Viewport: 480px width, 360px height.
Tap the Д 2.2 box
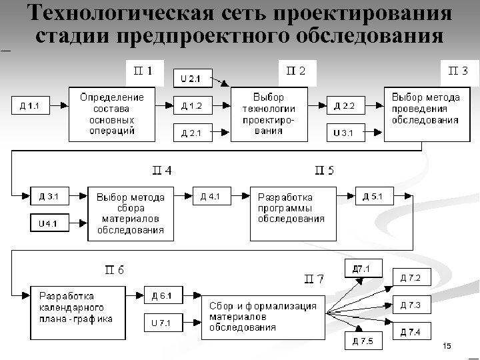(345, 105)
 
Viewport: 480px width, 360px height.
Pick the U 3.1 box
(345, 133)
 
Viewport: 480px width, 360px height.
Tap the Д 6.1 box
(161, 296)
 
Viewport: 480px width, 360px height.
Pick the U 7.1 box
(161, 323)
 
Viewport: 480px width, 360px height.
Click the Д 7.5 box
(363, 342)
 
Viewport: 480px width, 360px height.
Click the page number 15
(447, 345)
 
